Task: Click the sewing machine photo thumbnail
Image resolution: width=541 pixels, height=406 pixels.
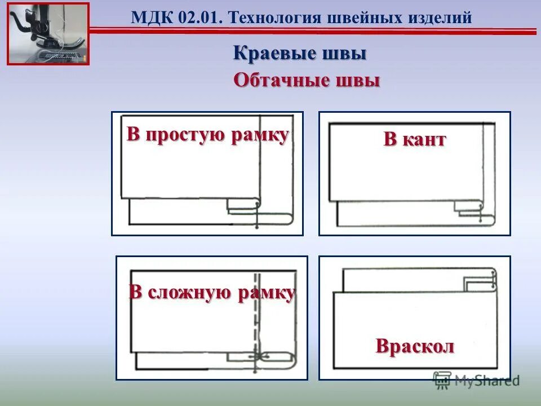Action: [48, 33]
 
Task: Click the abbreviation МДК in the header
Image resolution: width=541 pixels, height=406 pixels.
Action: [148, 17]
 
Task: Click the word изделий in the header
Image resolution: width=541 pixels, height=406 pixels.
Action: [440, 17]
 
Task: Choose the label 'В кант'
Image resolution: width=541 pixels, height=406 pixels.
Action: [415, 139]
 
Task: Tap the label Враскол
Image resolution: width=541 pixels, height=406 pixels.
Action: [415, 346]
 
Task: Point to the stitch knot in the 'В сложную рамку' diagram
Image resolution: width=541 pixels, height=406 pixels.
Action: [260, 357]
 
